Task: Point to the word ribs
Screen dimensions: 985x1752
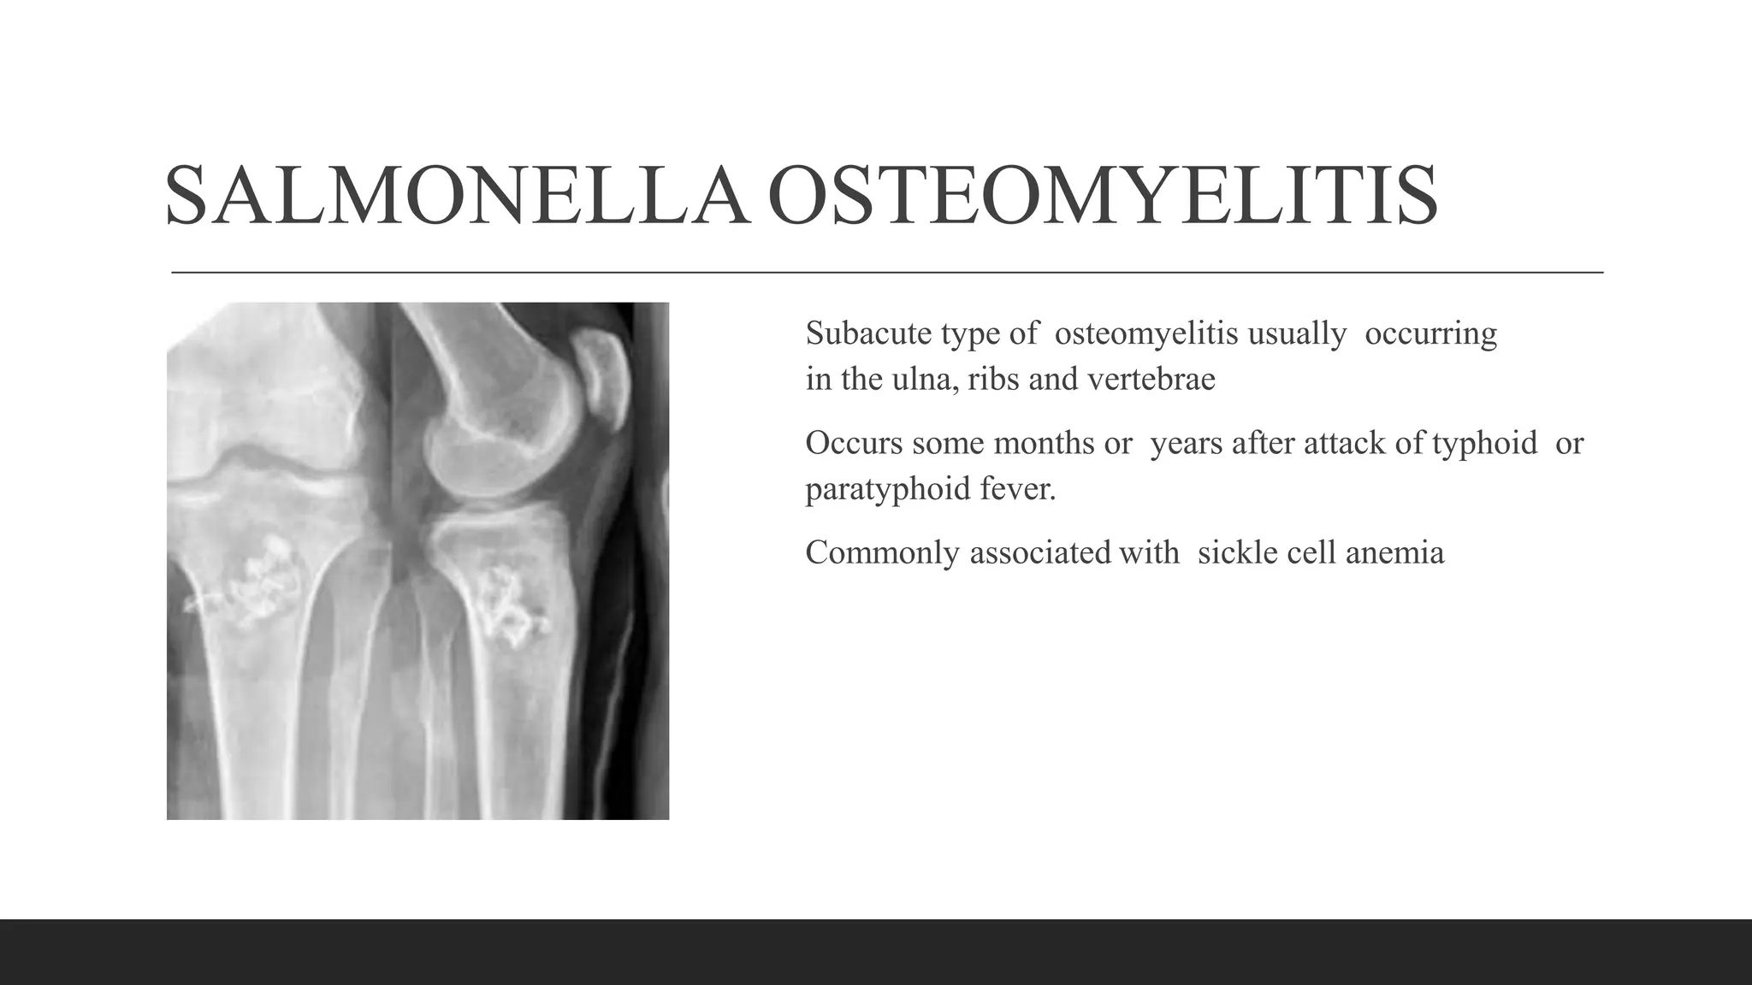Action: tap(993, 379)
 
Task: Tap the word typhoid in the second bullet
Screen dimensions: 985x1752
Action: tap(1484, 443)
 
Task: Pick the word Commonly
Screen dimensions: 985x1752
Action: tap(882, 552)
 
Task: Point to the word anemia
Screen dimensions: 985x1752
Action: tap(1394, 552)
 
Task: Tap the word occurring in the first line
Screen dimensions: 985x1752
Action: tap(1430, 333)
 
